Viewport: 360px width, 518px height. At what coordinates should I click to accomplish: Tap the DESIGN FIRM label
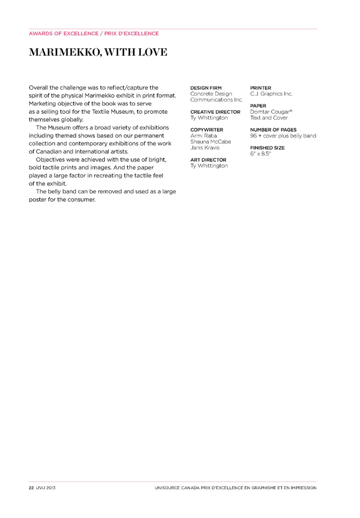coord(206,88)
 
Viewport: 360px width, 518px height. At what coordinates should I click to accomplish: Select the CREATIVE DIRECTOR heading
coord(215,112)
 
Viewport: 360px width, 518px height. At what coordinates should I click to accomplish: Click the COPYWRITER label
coord(207,130)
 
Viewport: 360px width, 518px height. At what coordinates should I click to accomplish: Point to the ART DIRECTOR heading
coord(208,160)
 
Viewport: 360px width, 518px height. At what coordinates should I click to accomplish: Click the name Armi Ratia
coord(203,136)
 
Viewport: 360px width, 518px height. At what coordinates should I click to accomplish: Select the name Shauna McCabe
coord(210,142)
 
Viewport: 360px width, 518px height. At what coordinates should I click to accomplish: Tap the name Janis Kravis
coord(205,148)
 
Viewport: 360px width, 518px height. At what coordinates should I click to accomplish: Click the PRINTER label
coord(261,88)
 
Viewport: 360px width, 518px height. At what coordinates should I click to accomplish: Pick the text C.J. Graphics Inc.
coord(271,94)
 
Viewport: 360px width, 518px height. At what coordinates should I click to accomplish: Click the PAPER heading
coord(258,106)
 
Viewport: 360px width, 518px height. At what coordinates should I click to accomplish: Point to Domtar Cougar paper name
coord(271,112)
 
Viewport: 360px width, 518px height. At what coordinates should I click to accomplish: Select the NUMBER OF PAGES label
coord(273,130)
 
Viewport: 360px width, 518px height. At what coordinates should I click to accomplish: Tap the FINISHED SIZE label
coord(267,148)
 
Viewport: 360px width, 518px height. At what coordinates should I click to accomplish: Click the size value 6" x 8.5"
coord(260,154)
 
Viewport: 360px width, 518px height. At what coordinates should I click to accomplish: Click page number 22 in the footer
coord(31,488)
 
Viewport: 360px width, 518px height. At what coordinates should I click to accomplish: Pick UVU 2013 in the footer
coord(46,488)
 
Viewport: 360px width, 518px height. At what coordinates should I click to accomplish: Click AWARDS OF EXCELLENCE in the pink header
coord(63,33)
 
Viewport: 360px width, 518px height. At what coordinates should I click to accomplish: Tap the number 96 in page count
coord(253,136)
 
